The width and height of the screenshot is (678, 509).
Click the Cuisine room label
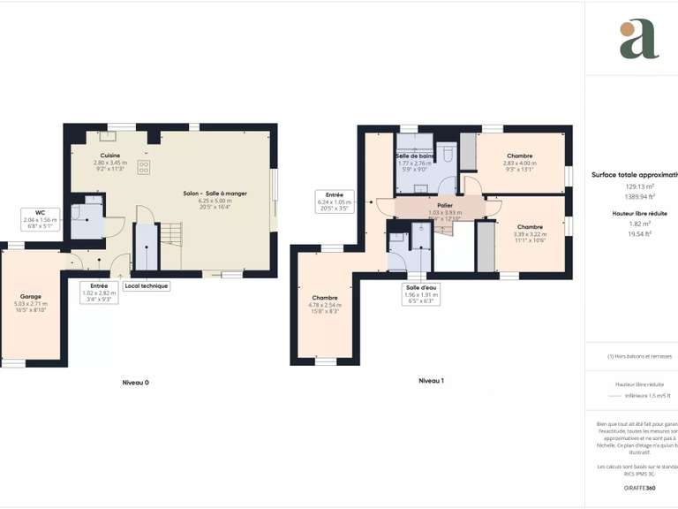click(110, 160)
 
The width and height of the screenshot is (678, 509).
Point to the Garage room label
click(31, 302)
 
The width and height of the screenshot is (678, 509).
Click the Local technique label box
click(146, 285)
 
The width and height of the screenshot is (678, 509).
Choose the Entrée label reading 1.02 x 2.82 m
click(98, 292)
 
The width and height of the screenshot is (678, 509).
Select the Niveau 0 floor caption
click(135, 382)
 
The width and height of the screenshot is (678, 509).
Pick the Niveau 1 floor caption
click(431, 380)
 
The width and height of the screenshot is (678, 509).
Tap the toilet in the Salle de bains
click(448, 156)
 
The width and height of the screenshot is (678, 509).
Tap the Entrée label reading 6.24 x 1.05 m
click(335, 201)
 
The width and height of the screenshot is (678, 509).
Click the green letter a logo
click(638, 40)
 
